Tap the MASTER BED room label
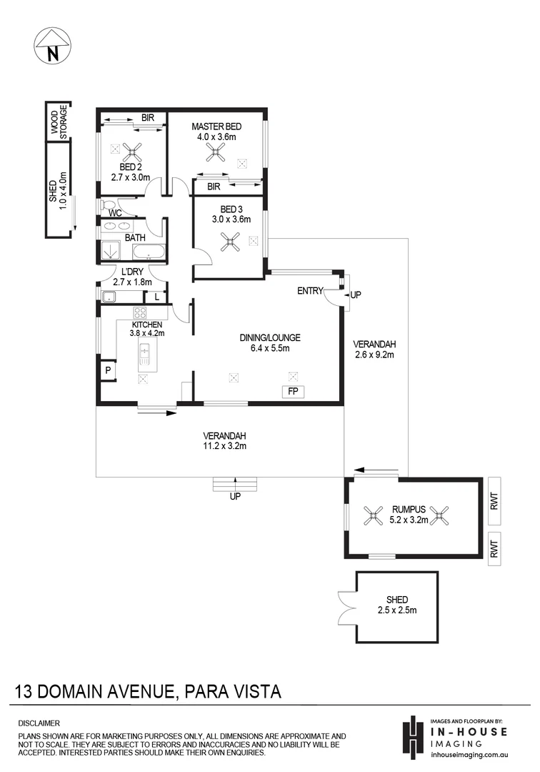click(216, 127)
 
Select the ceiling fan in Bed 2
click(131, 151)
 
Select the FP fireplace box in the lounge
click(292, 392)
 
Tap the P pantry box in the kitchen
click(108, 371)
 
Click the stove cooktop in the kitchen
click(140, 312)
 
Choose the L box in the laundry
click(157, 297)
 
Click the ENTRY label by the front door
click(311, 291)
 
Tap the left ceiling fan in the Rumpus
click(372, 513)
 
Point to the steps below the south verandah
click(234, 485)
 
